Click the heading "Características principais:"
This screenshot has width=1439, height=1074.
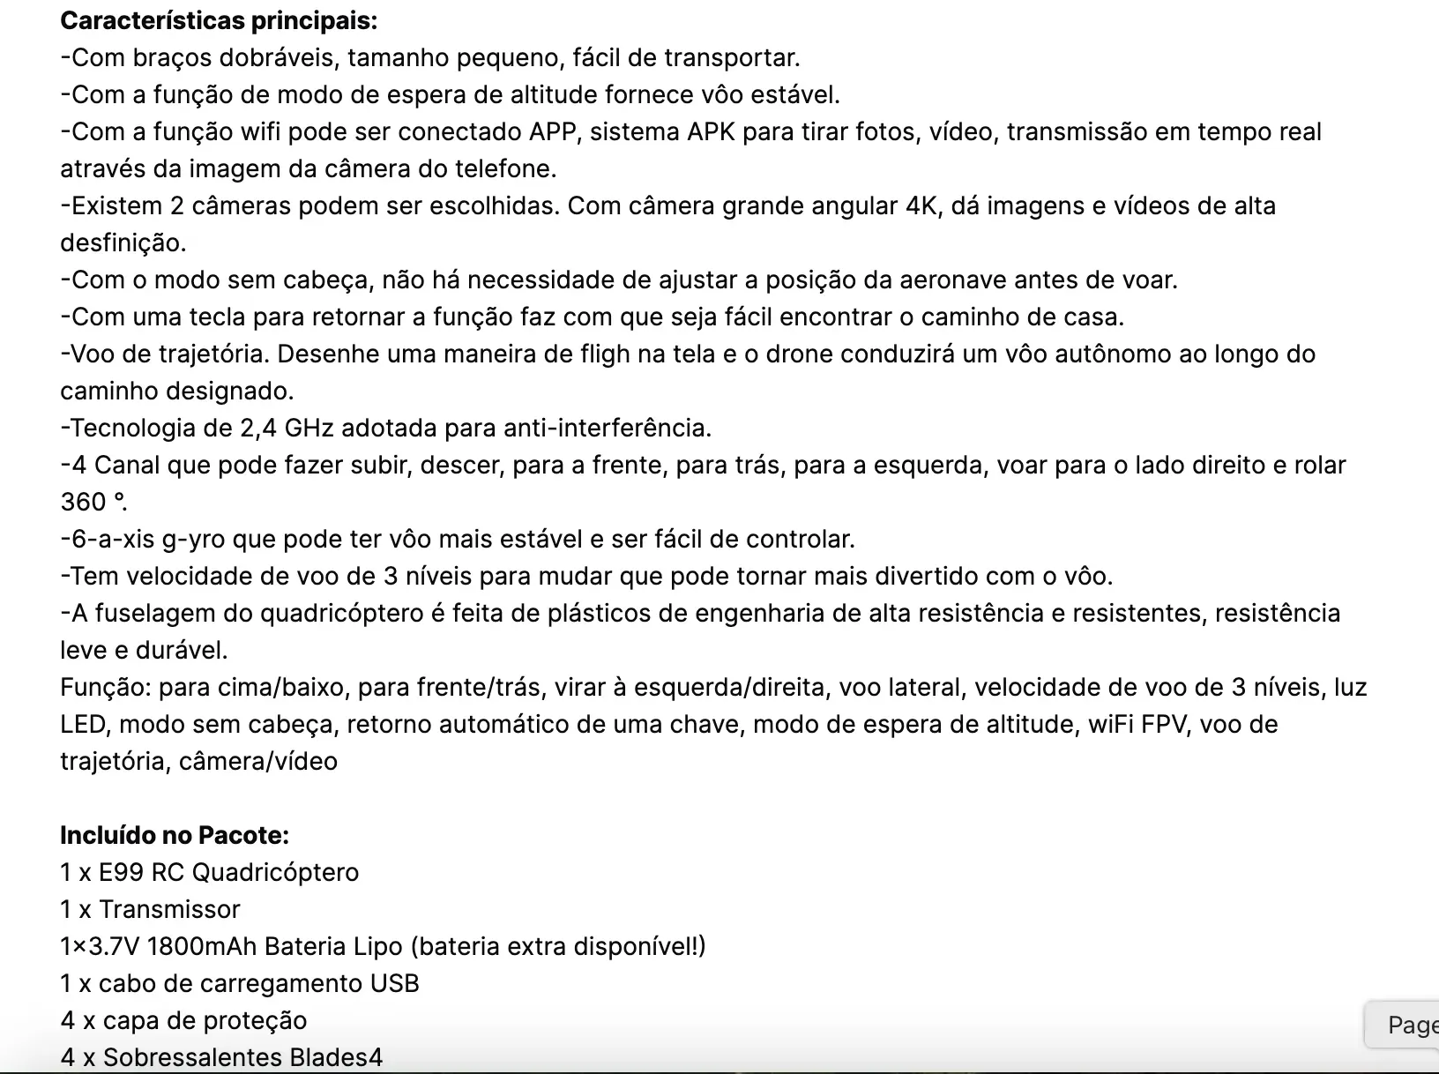pyautogui.click(x=218, y=20)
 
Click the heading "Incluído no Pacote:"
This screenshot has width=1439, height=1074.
pyautogui.click(x=174, y=834)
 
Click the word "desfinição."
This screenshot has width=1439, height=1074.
pyautogui.click(x=123, y=242)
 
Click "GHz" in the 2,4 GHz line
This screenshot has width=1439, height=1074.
pyautogui.click(x=309, y=428)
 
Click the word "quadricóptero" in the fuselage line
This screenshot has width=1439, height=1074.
pyautogui.click(x=341, y=613)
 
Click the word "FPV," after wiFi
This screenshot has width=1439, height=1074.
pyautogui.click(x=1161, y=724)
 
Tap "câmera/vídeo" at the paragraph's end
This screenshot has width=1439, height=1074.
pyautogui.click(x=257, y=761)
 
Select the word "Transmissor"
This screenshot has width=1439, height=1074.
pyautogui.click(x=169, y=909)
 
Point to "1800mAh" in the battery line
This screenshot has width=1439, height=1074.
pyautogui.click(x=201, y=946)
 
